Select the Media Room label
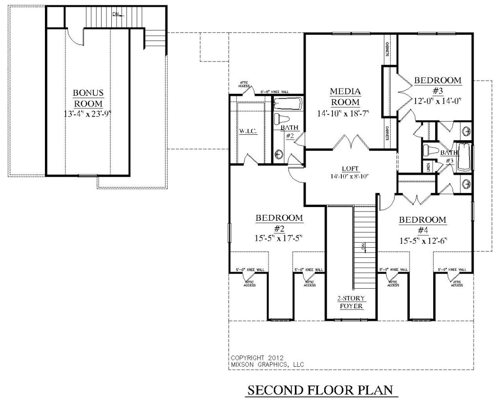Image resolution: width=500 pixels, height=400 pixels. point(345,97)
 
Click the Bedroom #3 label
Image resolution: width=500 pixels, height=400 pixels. point(437,85)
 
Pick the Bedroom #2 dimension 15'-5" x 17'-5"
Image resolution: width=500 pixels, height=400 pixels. point(279,238)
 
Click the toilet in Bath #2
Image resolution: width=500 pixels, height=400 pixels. point(280,119)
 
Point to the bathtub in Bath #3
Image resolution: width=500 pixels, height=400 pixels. point(464,156)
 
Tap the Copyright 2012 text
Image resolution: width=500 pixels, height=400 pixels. point(254,357)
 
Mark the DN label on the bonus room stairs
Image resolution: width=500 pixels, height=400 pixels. point(116,14)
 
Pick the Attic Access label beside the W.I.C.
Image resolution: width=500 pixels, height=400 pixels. point(244,84)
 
